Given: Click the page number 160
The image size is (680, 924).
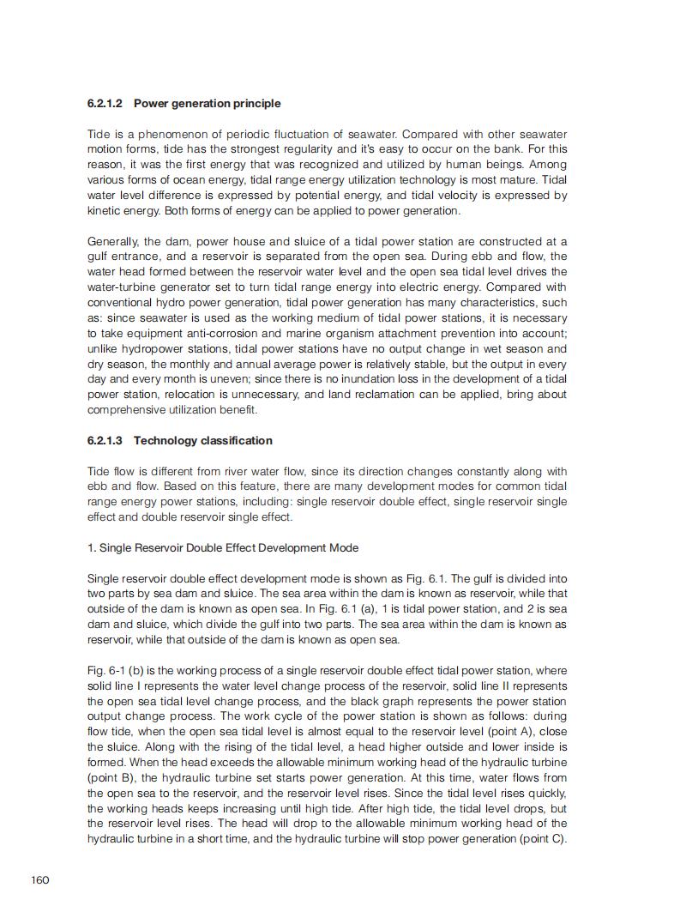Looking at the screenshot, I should tap(40, 880).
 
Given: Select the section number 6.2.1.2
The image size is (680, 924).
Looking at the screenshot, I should tap(105, 104).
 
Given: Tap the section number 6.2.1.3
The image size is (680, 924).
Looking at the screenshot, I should tap(105, 441).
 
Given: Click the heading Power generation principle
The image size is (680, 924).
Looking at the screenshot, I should tap(208, 104).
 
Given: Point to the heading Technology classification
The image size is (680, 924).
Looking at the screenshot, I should tap(203, 441).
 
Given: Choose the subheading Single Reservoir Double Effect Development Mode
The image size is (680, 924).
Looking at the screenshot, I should tap(229, 548).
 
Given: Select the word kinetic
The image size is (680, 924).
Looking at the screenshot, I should tap(105, 211).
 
